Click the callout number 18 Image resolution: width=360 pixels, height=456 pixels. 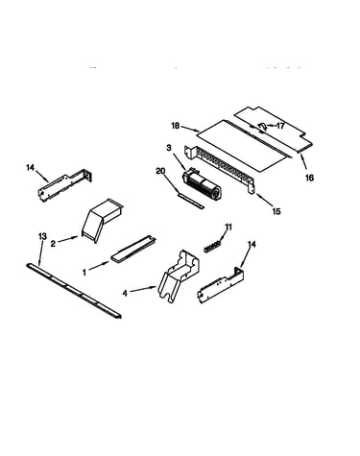175,126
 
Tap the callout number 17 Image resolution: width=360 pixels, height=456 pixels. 280,126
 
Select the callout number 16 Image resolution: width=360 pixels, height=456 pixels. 309,178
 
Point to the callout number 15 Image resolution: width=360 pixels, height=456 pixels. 276,211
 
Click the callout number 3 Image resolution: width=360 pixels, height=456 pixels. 169,148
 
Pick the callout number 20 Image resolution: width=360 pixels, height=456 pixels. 160,171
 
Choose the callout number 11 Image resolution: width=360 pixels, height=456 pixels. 228,228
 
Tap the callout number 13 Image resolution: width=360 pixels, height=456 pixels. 42,236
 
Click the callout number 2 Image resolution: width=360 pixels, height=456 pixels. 53,244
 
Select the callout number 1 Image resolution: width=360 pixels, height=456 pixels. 84,273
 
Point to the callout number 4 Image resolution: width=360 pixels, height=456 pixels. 125,293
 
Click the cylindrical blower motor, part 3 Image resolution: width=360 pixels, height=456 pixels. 201,182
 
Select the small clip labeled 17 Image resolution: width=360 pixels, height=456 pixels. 262,127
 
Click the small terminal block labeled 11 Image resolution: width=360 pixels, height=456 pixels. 212,246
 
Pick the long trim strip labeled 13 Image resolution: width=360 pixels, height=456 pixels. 74,291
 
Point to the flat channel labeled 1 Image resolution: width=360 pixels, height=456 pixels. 134,250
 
